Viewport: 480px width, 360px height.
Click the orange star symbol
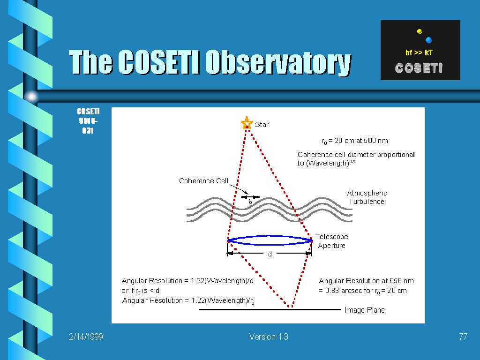click(247, 123)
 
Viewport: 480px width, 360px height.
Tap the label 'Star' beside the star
click(262, 125)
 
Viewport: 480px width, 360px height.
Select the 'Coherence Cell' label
click(203, 181)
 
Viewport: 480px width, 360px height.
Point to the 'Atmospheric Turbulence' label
click(367, 197)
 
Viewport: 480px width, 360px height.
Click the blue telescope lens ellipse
click(270, 236)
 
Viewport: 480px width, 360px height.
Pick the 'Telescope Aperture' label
click(332, 241)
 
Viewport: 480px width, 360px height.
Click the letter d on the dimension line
click(270, 254)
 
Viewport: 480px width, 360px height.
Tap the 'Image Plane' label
click(365, 310)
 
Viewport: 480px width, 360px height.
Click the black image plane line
click(270, 309)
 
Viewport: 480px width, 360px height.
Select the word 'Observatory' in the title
click(277, 62)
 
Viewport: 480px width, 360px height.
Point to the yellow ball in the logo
click(420, 31)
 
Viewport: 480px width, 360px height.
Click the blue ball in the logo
click(428, 40)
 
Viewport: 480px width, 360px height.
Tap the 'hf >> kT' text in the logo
click(419, 52)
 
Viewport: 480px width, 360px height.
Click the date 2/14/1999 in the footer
click(86, 337)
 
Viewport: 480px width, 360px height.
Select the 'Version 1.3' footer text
click(269, 337)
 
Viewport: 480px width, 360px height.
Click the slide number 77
click(463, 337)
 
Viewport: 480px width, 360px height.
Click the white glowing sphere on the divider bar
click(31, 97)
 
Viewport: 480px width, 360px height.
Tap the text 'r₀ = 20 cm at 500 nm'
click(354, 141)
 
